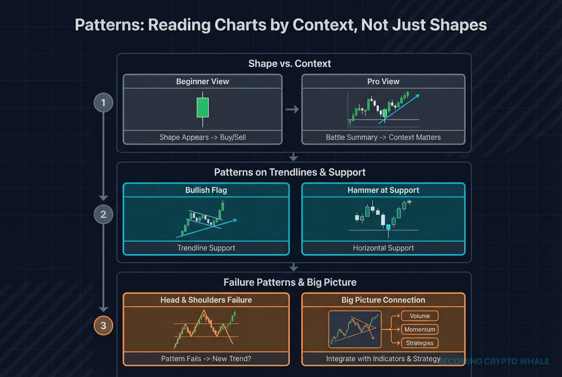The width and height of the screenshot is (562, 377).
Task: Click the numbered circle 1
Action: coord(104,103)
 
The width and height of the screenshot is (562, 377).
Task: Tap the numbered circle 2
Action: coord(104,215)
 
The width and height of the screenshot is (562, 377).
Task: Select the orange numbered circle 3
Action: coord(104,326)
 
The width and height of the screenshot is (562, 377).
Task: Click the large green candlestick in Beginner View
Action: coord(202,107)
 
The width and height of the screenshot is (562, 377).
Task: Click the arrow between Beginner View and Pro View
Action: coord(292,109)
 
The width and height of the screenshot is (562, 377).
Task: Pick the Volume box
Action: coord(420,316)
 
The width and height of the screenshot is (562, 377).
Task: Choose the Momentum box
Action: coord(420,330)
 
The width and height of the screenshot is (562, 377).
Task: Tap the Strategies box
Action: coord(420,343)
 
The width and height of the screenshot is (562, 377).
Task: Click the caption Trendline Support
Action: coord(206,248)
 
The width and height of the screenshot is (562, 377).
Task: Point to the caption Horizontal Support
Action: coord(383,248)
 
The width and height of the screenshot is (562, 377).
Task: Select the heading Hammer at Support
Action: coord(383,190)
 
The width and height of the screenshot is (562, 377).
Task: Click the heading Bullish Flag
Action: coord(206,190)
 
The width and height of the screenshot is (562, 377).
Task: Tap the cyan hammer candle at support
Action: coord(388,227)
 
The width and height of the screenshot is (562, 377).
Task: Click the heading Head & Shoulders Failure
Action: coord(206,300)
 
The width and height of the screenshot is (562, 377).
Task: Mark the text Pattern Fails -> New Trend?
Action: coord(206,359)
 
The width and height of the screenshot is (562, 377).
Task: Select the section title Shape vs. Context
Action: coord(290,64)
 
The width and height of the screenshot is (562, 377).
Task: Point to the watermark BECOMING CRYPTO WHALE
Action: coord(494,362)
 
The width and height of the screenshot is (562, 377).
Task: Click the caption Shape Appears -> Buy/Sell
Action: coord(203,137)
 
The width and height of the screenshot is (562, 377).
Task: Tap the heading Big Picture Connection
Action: coord(383,300)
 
